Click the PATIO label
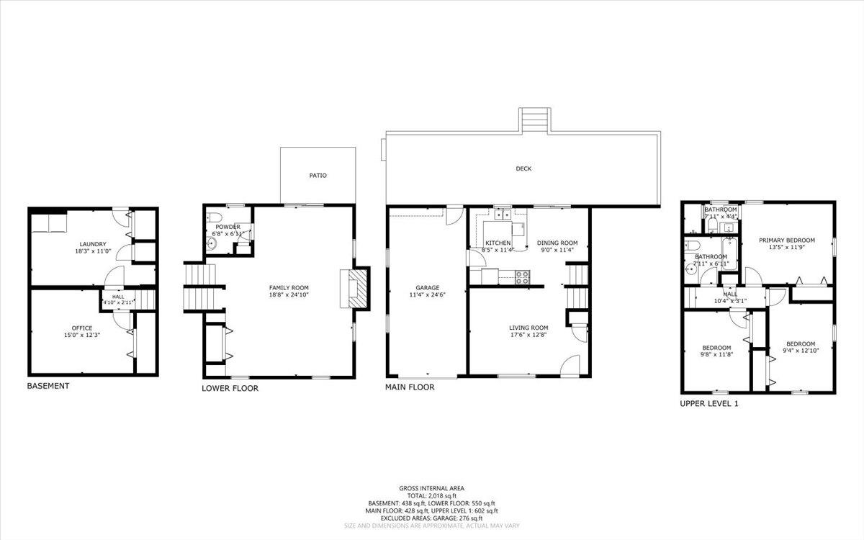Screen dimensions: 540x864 pos(318,175)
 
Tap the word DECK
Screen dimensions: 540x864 pos(523,169)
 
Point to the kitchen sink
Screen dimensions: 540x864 pos(502,214)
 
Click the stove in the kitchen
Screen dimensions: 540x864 pos(521,275)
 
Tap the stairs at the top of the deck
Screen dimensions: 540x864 pos(534,120)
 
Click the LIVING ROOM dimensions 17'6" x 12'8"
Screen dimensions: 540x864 pos(528,335)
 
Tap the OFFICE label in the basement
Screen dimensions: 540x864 pos(81,328)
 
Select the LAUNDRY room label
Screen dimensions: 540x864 pos(93,244)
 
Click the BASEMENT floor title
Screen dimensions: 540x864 pos(48,386)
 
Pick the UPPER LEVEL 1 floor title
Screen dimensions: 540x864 pos(709,404)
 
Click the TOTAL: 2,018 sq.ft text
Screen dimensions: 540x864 pos(432,495)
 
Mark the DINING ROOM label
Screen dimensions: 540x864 pos(557,243)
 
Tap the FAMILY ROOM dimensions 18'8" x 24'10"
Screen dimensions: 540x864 pos(289,294)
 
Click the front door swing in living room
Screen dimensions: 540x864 pos(570,364)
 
